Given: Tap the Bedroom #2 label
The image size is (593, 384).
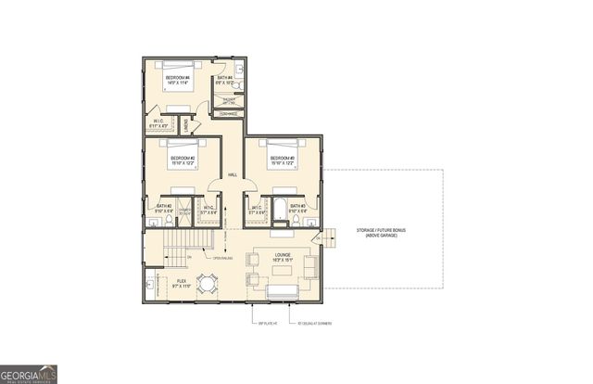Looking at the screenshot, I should point(183,160).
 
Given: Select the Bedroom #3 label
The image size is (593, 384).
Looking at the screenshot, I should point(283,160).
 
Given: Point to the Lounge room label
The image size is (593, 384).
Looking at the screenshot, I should point(283,256).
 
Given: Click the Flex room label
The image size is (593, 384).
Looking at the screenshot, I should point(183,283).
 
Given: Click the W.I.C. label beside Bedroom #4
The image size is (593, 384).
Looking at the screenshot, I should point(158,123).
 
